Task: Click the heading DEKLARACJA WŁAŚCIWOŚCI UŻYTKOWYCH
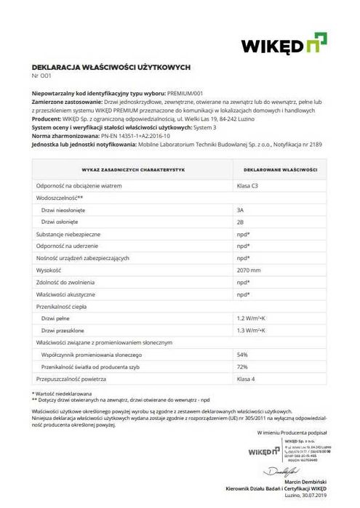[x=111, y=66]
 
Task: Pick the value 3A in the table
[x=241, y=209]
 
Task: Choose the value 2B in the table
[x=241, y=222]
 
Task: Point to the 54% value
[x=243, y=354]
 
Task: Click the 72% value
[x=243, y=366]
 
